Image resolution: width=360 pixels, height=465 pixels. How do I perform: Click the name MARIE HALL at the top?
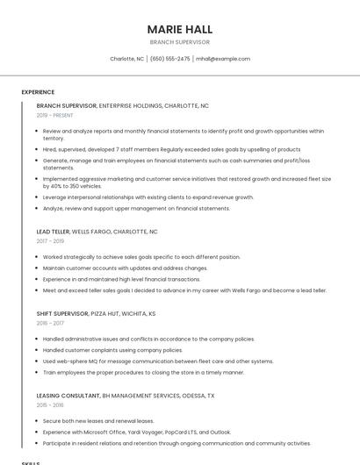click(x=179, y=29)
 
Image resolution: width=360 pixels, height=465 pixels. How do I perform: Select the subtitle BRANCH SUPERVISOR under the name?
click(x=179, y=42)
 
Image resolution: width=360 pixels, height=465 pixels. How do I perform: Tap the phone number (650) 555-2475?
click(x=169, y=59)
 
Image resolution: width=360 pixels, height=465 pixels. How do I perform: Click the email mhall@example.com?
click(x=223, y=59)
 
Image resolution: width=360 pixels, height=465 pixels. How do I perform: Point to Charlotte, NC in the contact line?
click(x=126, y=59)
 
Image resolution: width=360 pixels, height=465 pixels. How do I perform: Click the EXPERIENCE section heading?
click(x=38, y=92)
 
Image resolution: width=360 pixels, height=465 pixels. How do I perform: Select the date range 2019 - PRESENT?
click(x=55, y=115)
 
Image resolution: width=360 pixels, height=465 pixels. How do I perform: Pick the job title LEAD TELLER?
click(x=52, y=232)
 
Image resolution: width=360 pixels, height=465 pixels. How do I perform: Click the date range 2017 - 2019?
click(x=50, y=241)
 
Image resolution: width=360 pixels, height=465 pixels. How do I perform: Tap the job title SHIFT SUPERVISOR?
click(x=62, y=313)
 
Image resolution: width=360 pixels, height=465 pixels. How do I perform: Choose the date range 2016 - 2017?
click(x=50, y=323)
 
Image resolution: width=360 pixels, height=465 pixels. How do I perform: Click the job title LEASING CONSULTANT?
click(x=68, y=395)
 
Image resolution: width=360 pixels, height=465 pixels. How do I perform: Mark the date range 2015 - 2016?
click(x=50, y=404)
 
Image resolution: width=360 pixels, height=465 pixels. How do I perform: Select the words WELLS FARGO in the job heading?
click(x=90, y=232)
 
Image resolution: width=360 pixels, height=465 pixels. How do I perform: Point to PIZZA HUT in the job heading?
click(x=107, y=313)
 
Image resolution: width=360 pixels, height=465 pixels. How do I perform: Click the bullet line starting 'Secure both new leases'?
click(x=98, y=420)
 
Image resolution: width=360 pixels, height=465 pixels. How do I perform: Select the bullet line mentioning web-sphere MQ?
click(x=158, y=361)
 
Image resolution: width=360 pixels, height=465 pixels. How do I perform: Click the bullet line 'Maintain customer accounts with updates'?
click(x=126, y=268)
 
